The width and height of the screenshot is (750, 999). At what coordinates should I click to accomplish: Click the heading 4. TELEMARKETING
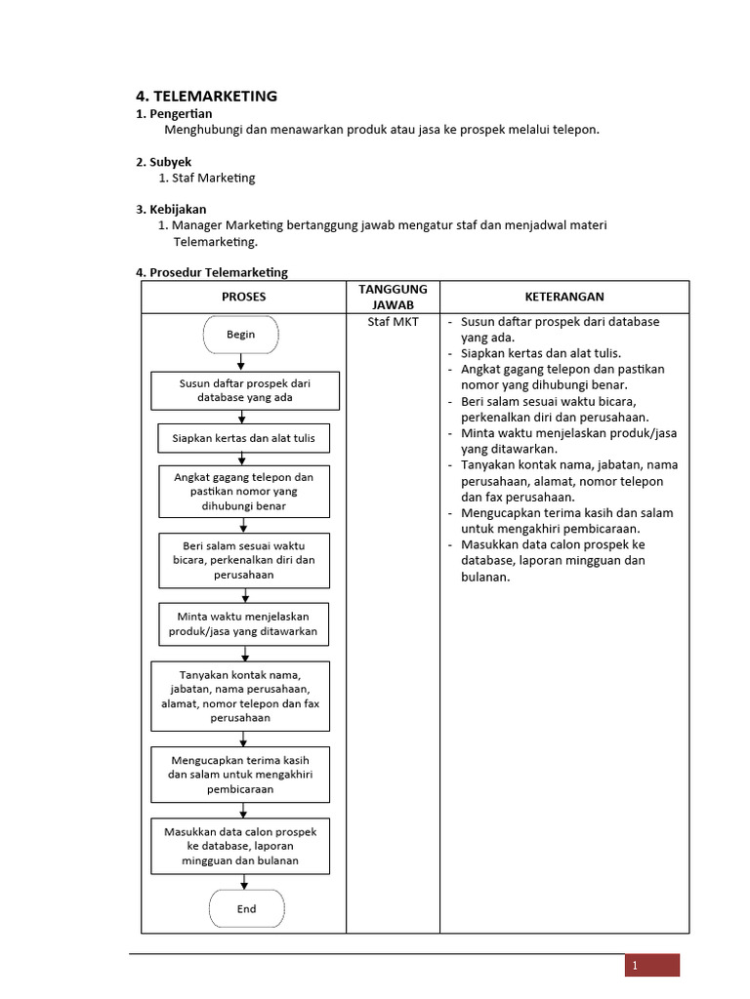(x=206, y=96)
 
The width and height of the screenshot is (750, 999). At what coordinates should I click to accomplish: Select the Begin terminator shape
(x=241, y=335)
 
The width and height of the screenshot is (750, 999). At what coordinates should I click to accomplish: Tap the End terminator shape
(x=246, y=908)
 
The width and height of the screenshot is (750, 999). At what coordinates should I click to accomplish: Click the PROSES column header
(x=243, y=297)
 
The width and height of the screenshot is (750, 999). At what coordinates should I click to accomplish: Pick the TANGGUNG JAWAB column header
(x=393, y=297)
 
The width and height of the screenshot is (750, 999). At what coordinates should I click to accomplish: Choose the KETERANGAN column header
(x=563, y=297)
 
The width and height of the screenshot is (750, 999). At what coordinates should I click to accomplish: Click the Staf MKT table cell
(x=393, y=322)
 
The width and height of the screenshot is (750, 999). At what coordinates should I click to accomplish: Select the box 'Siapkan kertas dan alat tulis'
(x=244, y=438)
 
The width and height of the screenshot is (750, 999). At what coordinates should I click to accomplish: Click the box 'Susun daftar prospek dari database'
(x=244, y=390)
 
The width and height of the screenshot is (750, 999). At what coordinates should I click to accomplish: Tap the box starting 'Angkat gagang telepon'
(x=244, y=492)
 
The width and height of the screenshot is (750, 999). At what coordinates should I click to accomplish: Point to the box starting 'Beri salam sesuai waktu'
(x=244, y=560)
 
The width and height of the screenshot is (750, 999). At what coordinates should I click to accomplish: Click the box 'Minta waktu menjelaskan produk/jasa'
(x=244, y=624)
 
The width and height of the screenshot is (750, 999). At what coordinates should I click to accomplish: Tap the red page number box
(x=652, y=965)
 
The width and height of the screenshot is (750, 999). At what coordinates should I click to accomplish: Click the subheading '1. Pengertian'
(x=173, y=114)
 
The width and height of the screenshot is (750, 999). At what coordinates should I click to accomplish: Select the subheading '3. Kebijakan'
(x=171, y=209)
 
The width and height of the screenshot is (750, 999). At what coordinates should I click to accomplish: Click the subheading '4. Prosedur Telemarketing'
(x=212, y=272)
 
